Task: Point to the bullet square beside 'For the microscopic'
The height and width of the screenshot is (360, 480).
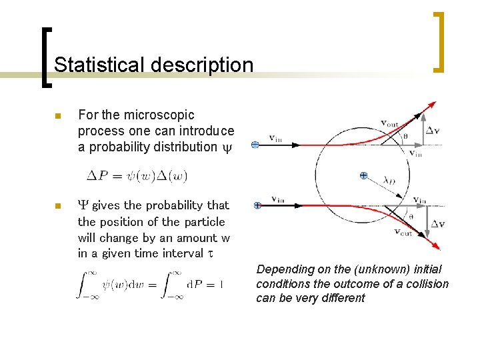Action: point(57,117)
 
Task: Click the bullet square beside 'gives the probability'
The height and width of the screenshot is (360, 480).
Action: point(57,206)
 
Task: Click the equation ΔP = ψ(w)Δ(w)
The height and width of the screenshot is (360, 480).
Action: point(137,177)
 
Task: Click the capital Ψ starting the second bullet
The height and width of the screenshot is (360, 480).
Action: point(83,205)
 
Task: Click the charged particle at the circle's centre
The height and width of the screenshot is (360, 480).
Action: point(363,176)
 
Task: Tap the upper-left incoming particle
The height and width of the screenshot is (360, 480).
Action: point(255,145)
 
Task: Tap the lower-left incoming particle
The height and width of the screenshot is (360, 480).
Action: point(256,206)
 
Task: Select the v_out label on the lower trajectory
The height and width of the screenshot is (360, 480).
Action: point(403,232)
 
